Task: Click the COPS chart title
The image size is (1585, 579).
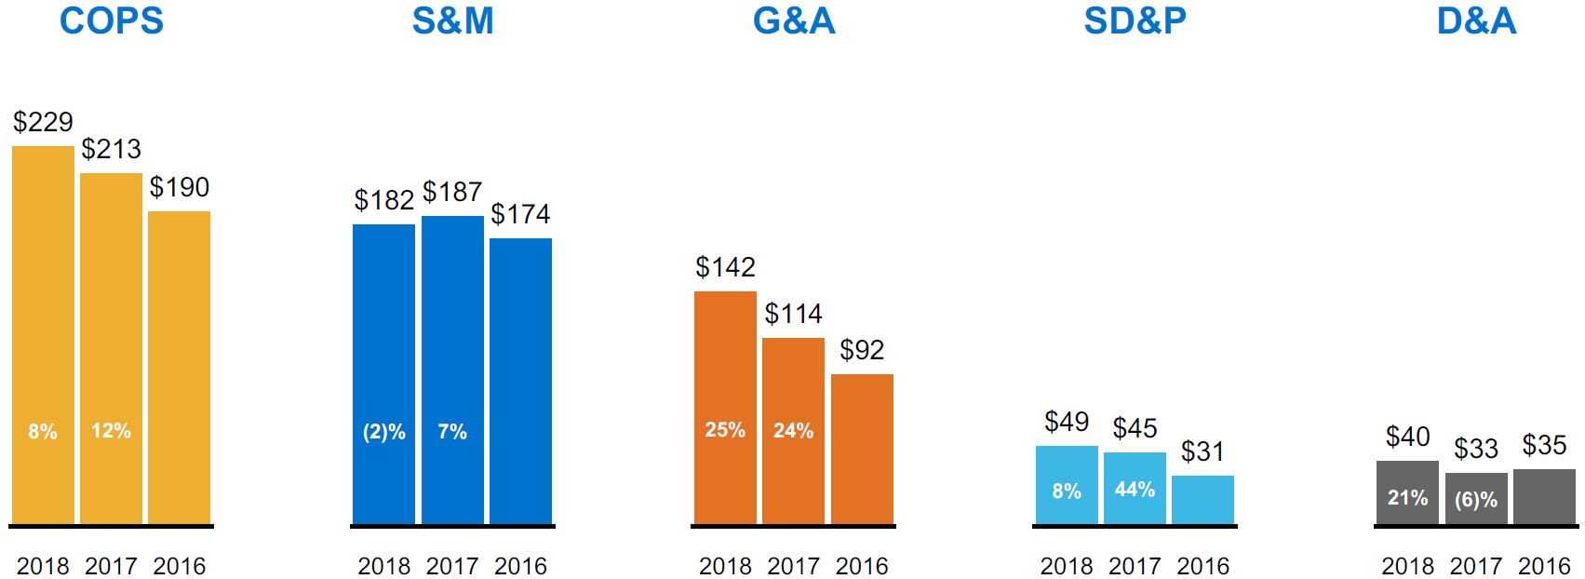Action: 111,20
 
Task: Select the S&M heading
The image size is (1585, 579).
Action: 452,20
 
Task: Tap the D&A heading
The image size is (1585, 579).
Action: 1476,20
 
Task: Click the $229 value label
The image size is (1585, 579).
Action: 43,122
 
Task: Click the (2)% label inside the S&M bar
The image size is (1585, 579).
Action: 383,432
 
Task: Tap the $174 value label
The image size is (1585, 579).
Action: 520,214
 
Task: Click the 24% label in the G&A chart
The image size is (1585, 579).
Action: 793,431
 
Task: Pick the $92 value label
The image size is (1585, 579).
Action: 862,350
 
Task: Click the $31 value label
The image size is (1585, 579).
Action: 1202,451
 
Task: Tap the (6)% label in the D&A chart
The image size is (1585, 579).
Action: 1476,500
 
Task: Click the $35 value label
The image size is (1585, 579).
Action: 1544,445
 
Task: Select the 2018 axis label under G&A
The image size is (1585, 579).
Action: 725,566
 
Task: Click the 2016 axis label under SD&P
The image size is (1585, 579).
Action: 1202,566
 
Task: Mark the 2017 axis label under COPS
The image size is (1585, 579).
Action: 111,566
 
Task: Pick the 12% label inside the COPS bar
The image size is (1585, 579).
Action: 111,431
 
